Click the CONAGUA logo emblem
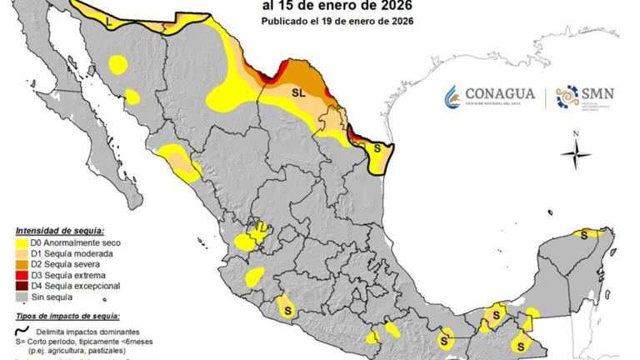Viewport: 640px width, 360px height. (x=452, y=97)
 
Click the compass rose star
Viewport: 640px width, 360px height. (x=575, y=153)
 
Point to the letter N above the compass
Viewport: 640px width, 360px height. (x=575, y=133)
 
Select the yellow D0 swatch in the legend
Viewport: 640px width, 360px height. (x=22, y=242)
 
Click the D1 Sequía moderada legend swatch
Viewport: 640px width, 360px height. (x=22, y=253)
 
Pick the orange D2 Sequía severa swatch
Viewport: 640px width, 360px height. (x=22, y=264)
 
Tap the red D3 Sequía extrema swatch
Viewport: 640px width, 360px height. (x=22, y=275)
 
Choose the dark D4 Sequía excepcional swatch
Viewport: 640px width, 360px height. (x=22, y=286)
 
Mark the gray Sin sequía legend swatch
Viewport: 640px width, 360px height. (x=22, y=297)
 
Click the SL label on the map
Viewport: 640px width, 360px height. (x=297, y=93)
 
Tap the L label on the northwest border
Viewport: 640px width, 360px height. (x=111, y=22)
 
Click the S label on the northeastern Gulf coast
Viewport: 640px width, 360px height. (x=377, y=147)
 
